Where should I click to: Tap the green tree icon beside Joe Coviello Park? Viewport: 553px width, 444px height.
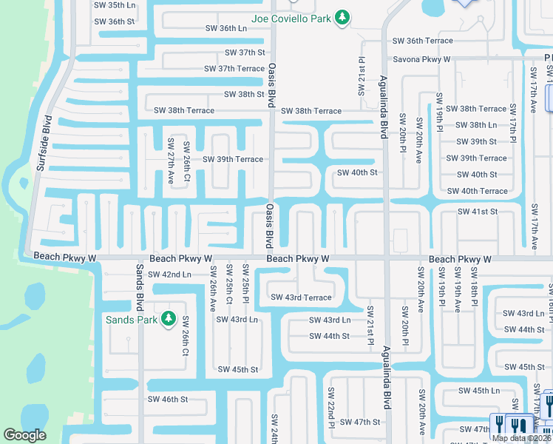(x=342, y=16)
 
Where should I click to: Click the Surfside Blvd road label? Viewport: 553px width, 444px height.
(x=43, y=144)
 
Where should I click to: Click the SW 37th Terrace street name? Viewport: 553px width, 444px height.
(x=234, y=69)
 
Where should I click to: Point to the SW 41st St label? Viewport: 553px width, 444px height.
(x=478, y=212)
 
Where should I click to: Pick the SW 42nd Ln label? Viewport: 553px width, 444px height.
(x=169, y=274)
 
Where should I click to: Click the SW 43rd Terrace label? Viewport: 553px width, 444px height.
(x=301, y=297)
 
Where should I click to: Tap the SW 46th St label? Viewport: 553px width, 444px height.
(x=168, y=399)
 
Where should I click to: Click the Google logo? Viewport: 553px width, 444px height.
(x=24, y=435)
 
